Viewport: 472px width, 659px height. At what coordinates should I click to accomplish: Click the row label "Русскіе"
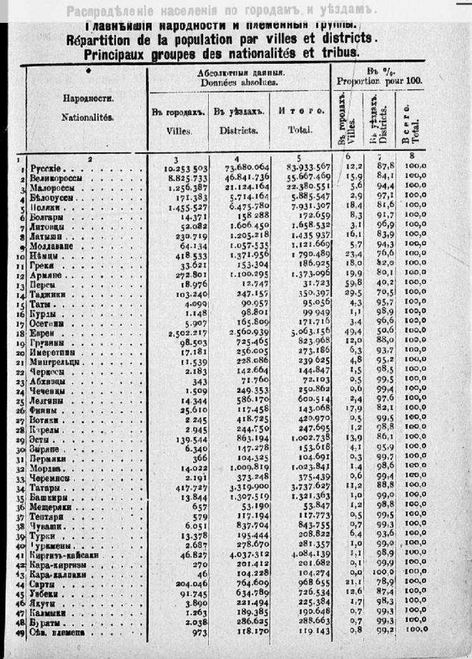(x=50, y=167)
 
